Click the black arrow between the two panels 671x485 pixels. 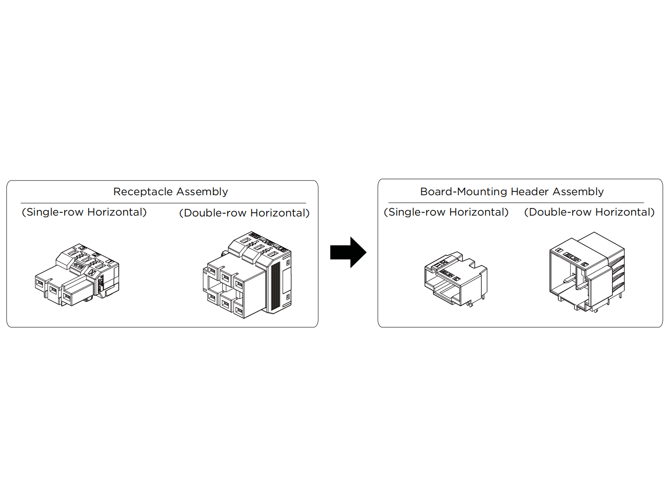[349, 252]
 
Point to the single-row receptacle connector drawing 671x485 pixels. [77, 275]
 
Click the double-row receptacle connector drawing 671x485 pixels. [247, 275]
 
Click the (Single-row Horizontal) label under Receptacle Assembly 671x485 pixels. [84, 212]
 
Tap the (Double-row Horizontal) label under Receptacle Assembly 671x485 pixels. [244, 213]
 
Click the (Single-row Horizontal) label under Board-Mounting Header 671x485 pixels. [446, 212]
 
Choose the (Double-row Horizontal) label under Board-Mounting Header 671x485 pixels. [589, 212]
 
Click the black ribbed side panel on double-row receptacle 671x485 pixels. [276, 286]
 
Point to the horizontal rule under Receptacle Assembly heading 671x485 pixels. [163, 203]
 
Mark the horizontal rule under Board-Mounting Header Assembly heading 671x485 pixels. [516, 203]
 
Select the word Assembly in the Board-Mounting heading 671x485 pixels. [578, 192]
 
